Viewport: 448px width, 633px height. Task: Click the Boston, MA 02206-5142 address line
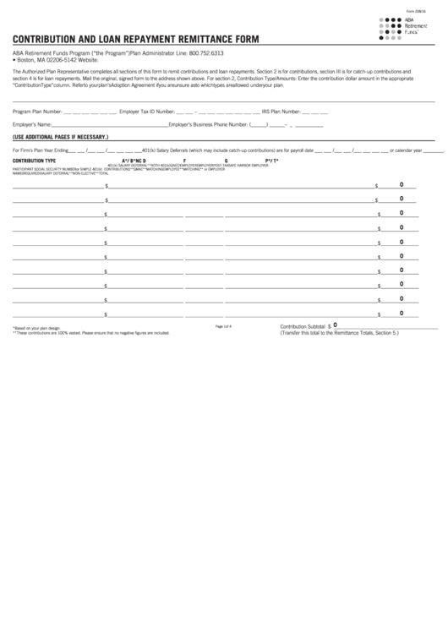pyautogui.click(x=47, y=60)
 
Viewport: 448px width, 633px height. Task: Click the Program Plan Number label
pyautogui.click(x=36, y=111)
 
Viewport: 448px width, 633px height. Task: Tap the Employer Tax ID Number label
pyautogui.click(x=147, y=111)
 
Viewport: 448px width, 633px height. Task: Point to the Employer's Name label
pyautogui.click(x=30, y=124)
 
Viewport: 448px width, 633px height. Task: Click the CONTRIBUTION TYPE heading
pyautogui.click(x=34, y=160)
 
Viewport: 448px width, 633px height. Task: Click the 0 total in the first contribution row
pyautogui.click(x=401, y=184)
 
